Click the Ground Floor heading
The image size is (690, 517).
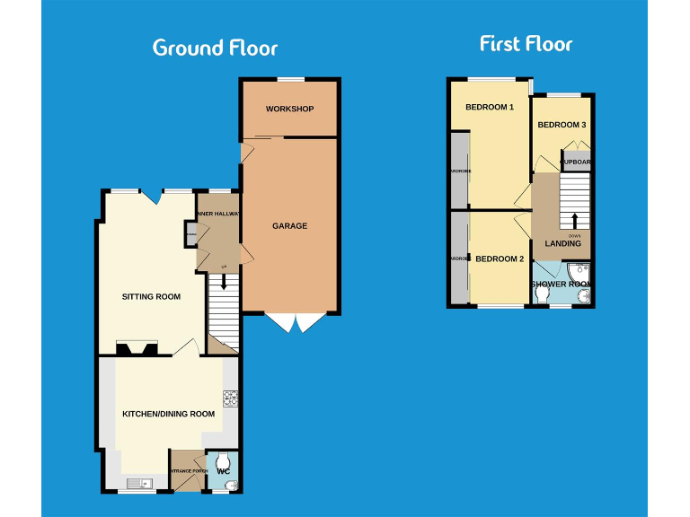[215, 48]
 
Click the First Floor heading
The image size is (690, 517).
[526, 44]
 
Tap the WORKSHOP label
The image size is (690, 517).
[289, 110]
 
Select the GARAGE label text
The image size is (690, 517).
[289, 226]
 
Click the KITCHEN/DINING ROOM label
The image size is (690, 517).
[168, 414]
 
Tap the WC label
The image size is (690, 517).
[225, 471]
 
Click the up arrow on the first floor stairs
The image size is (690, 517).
[574, 221]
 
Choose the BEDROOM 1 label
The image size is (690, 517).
[489, 109]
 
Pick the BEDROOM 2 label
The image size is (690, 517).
[499, 259]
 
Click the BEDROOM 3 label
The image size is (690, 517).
[562, 126]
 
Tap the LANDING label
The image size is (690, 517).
[562, 244]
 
